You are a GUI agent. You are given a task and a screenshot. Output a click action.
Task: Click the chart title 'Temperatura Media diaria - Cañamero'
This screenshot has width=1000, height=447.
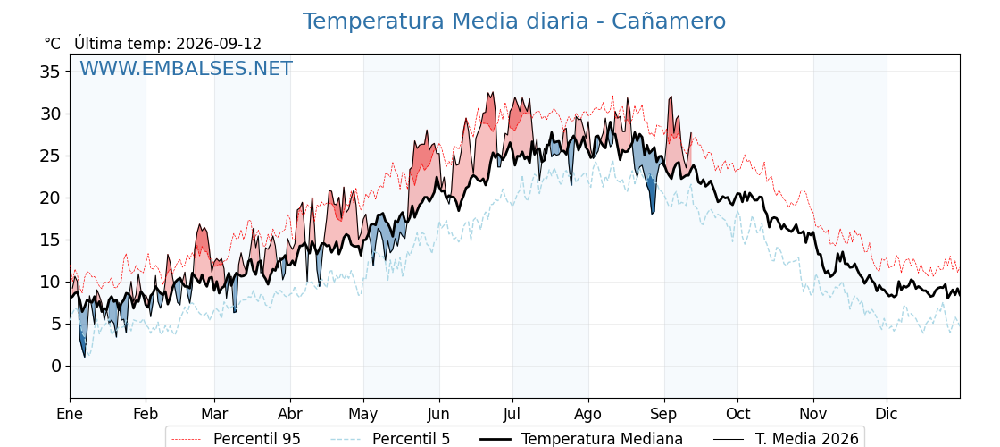coord(514,21)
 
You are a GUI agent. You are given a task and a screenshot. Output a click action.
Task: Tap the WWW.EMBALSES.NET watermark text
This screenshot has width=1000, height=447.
coord(187,68)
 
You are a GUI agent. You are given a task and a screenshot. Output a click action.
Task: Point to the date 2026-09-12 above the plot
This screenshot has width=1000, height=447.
coord(219,44)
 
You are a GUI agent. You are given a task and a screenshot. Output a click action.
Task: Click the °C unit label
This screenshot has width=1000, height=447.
coord(53,44)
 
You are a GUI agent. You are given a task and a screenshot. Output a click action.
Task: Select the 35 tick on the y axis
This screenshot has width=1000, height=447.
coord(50,72)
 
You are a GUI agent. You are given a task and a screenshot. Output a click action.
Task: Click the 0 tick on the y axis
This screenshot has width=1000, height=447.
coord(56,366)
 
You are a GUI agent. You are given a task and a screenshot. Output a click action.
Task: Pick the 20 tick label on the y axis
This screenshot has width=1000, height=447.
coord(50,198)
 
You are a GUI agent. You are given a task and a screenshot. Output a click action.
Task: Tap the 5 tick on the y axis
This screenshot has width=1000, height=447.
coord(56,324)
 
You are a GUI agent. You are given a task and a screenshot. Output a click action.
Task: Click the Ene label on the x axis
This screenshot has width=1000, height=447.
coord(71,414)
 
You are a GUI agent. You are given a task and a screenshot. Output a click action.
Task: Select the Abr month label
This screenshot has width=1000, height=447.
coord(290,414)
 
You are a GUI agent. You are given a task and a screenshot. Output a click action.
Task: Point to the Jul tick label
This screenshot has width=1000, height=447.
coord(512,414)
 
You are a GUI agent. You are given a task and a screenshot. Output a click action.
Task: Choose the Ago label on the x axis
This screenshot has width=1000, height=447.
coord(588,414)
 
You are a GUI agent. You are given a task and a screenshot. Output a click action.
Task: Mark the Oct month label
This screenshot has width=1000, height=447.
coord(737,414)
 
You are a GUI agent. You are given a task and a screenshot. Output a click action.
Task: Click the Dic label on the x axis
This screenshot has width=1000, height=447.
coord(887,414)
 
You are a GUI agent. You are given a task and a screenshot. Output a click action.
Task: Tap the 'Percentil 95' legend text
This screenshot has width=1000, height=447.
coord(257,439)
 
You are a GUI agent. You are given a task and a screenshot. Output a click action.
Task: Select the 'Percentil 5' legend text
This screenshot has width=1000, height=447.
coord(412,439)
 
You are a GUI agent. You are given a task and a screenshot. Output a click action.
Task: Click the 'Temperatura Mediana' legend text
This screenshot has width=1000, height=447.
coord(602,439)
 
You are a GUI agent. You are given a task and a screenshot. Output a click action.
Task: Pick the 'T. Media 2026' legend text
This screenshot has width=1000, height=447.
coord(807,439)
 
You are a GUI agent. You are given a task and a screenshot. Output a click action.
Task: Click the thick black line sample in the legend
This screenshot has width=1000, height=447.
coord(495,439)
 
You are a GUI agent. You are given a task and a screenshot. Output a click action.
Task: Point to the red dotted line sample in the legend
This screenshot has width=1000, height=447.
coord(188,439)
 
